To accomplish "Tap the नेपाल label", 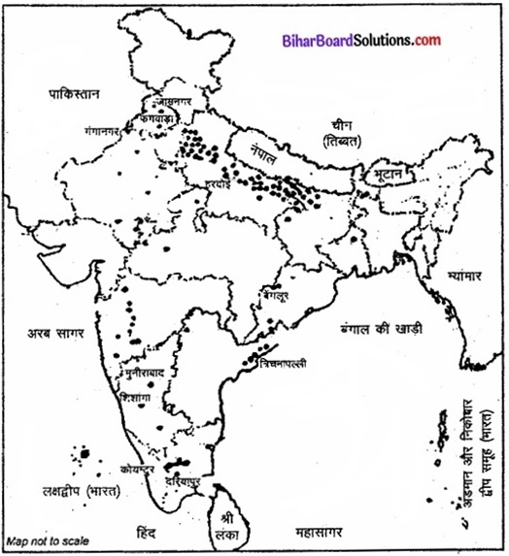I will click(x=263, y=155).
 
